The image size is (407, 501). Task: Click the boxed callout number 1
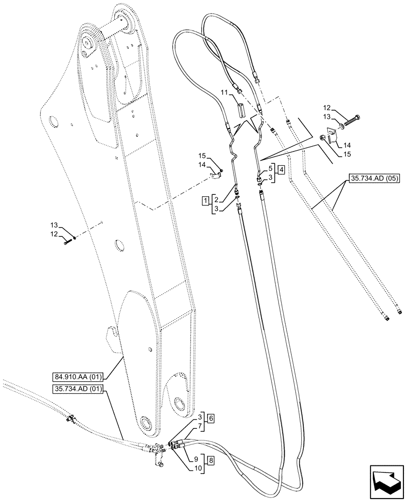[x=206, y=201]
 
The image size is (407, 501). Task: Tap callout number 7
[x=199, y=426]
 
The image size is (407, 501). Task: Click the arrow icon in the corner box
[x=385, y=481]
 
